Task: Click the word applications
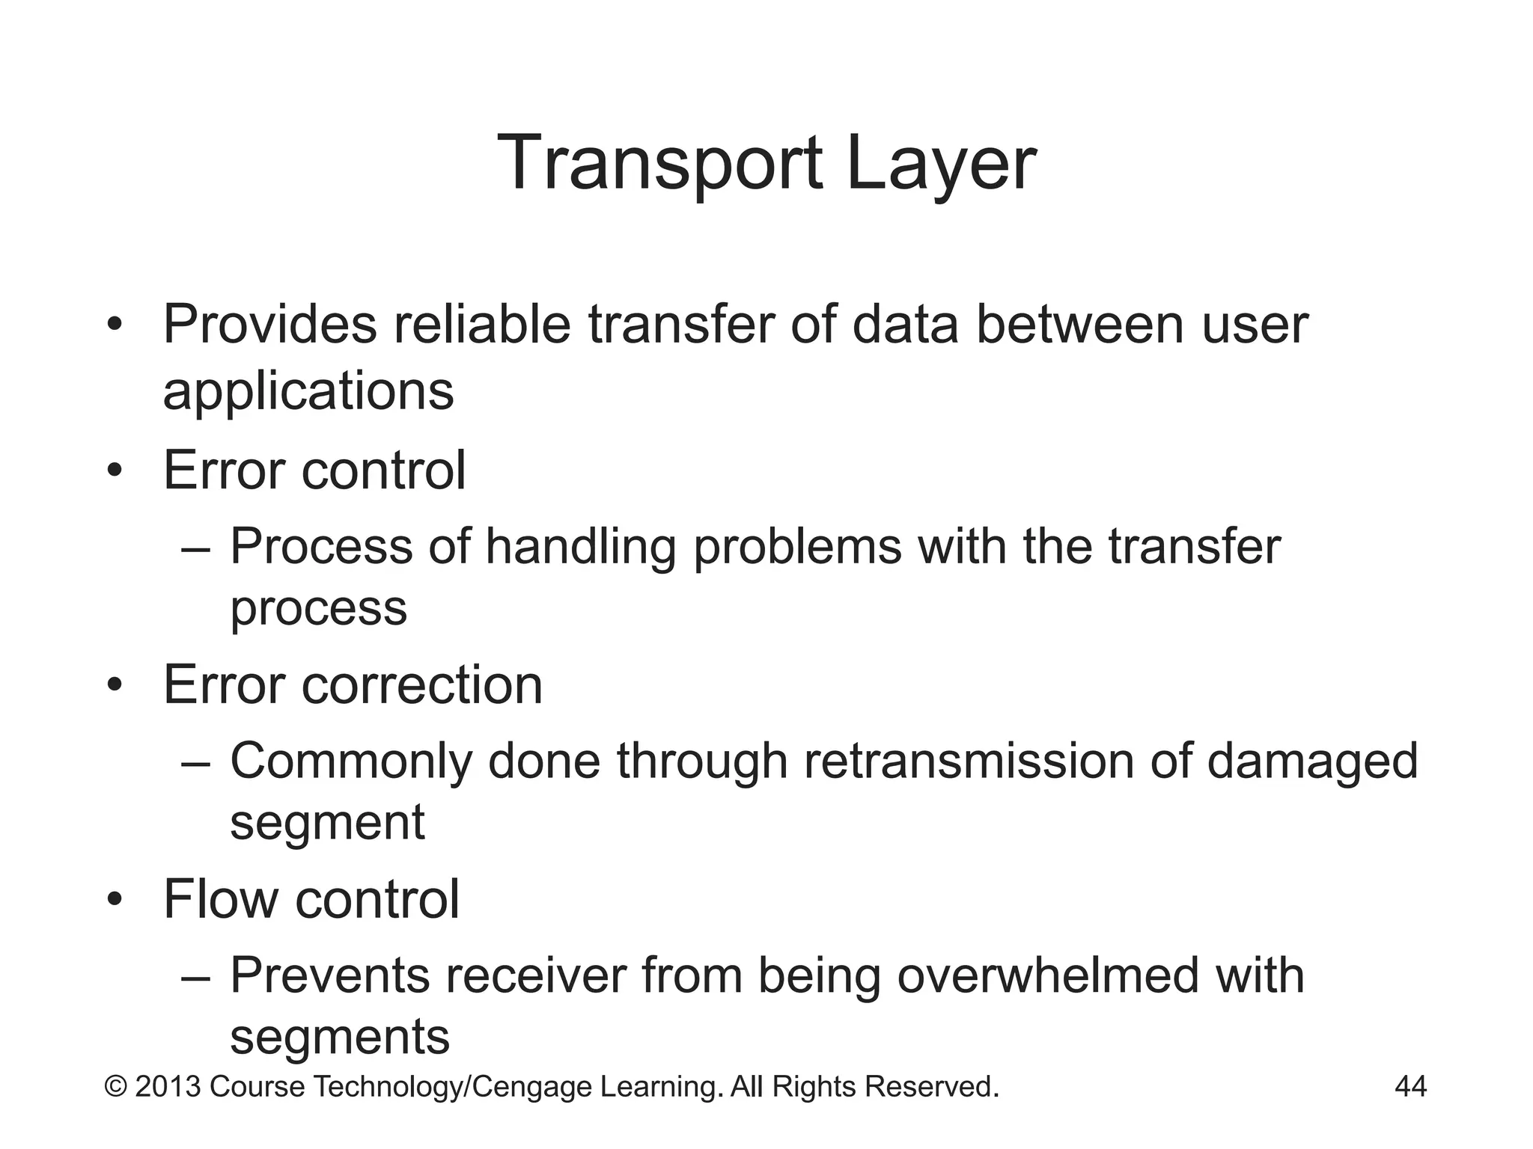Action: (x=308, y=391)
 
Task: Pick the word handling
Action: (x=580, y=546)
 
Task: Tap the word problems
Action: (x=797, y=548)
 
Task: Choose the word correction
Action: (x=422, y=684)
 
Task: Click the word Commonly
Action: (x=351, y=762)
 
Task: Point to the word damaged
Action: (x=1312, y=762)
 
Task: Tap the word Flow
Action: (x=220, y=898)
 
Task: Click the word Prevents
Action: (x=330, y=975)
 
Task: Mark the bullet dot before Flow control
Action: (x=114, y=898)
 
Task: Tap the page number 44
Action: (x=1410, y=1086)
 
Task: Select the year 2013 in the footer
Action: (x=168, y=1087)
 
